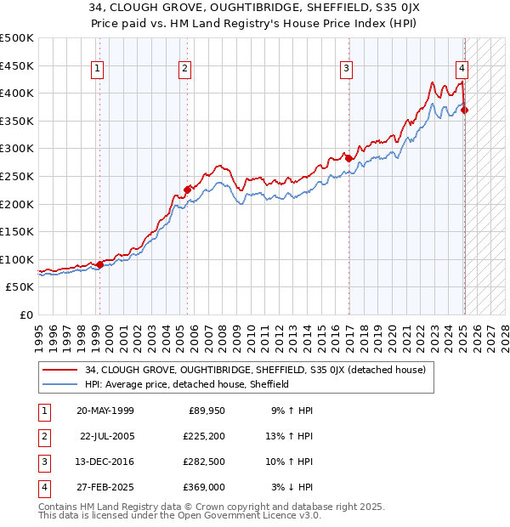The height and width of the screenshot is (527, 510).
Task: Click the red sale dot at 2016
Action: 348,158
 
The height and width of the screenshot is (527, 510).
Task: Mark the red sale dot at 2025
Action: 465,110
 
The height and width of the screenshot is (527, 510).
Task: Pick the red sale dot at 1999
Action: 100,264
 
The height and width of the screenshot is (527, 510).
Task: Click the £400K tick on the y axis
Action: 18,93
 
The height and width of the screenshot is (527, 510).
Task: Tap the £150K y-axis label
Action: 18,231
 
